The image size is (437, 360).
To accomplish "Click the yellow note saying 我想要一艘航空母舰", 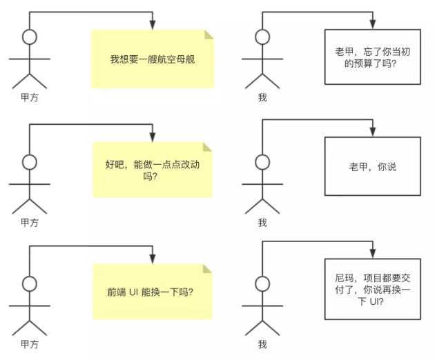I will (153, 59).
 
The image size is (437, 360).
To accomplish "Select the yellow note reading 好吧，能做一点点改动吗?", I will (153, 170).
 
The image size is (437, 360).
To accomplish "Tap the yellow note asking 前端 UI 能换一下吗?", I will (152, 292).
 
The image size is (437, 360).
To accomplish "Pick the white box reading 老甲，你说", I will (373, 167).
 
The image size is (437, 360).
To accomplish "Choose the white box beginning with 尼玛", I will (373, 288).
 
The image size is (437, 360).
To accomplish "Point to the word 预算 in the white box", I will (355, 64).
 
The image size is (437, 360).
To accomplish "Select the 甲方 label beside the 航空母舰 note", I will (29, 98).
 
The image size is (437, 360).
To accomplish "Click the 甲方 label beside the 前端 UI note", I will (29, 343).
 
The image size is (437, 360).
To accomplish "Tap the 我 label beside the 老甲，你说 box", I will (262, 222).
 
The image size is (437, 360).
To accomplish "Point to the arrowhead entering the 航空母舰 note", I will (153, 25).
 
